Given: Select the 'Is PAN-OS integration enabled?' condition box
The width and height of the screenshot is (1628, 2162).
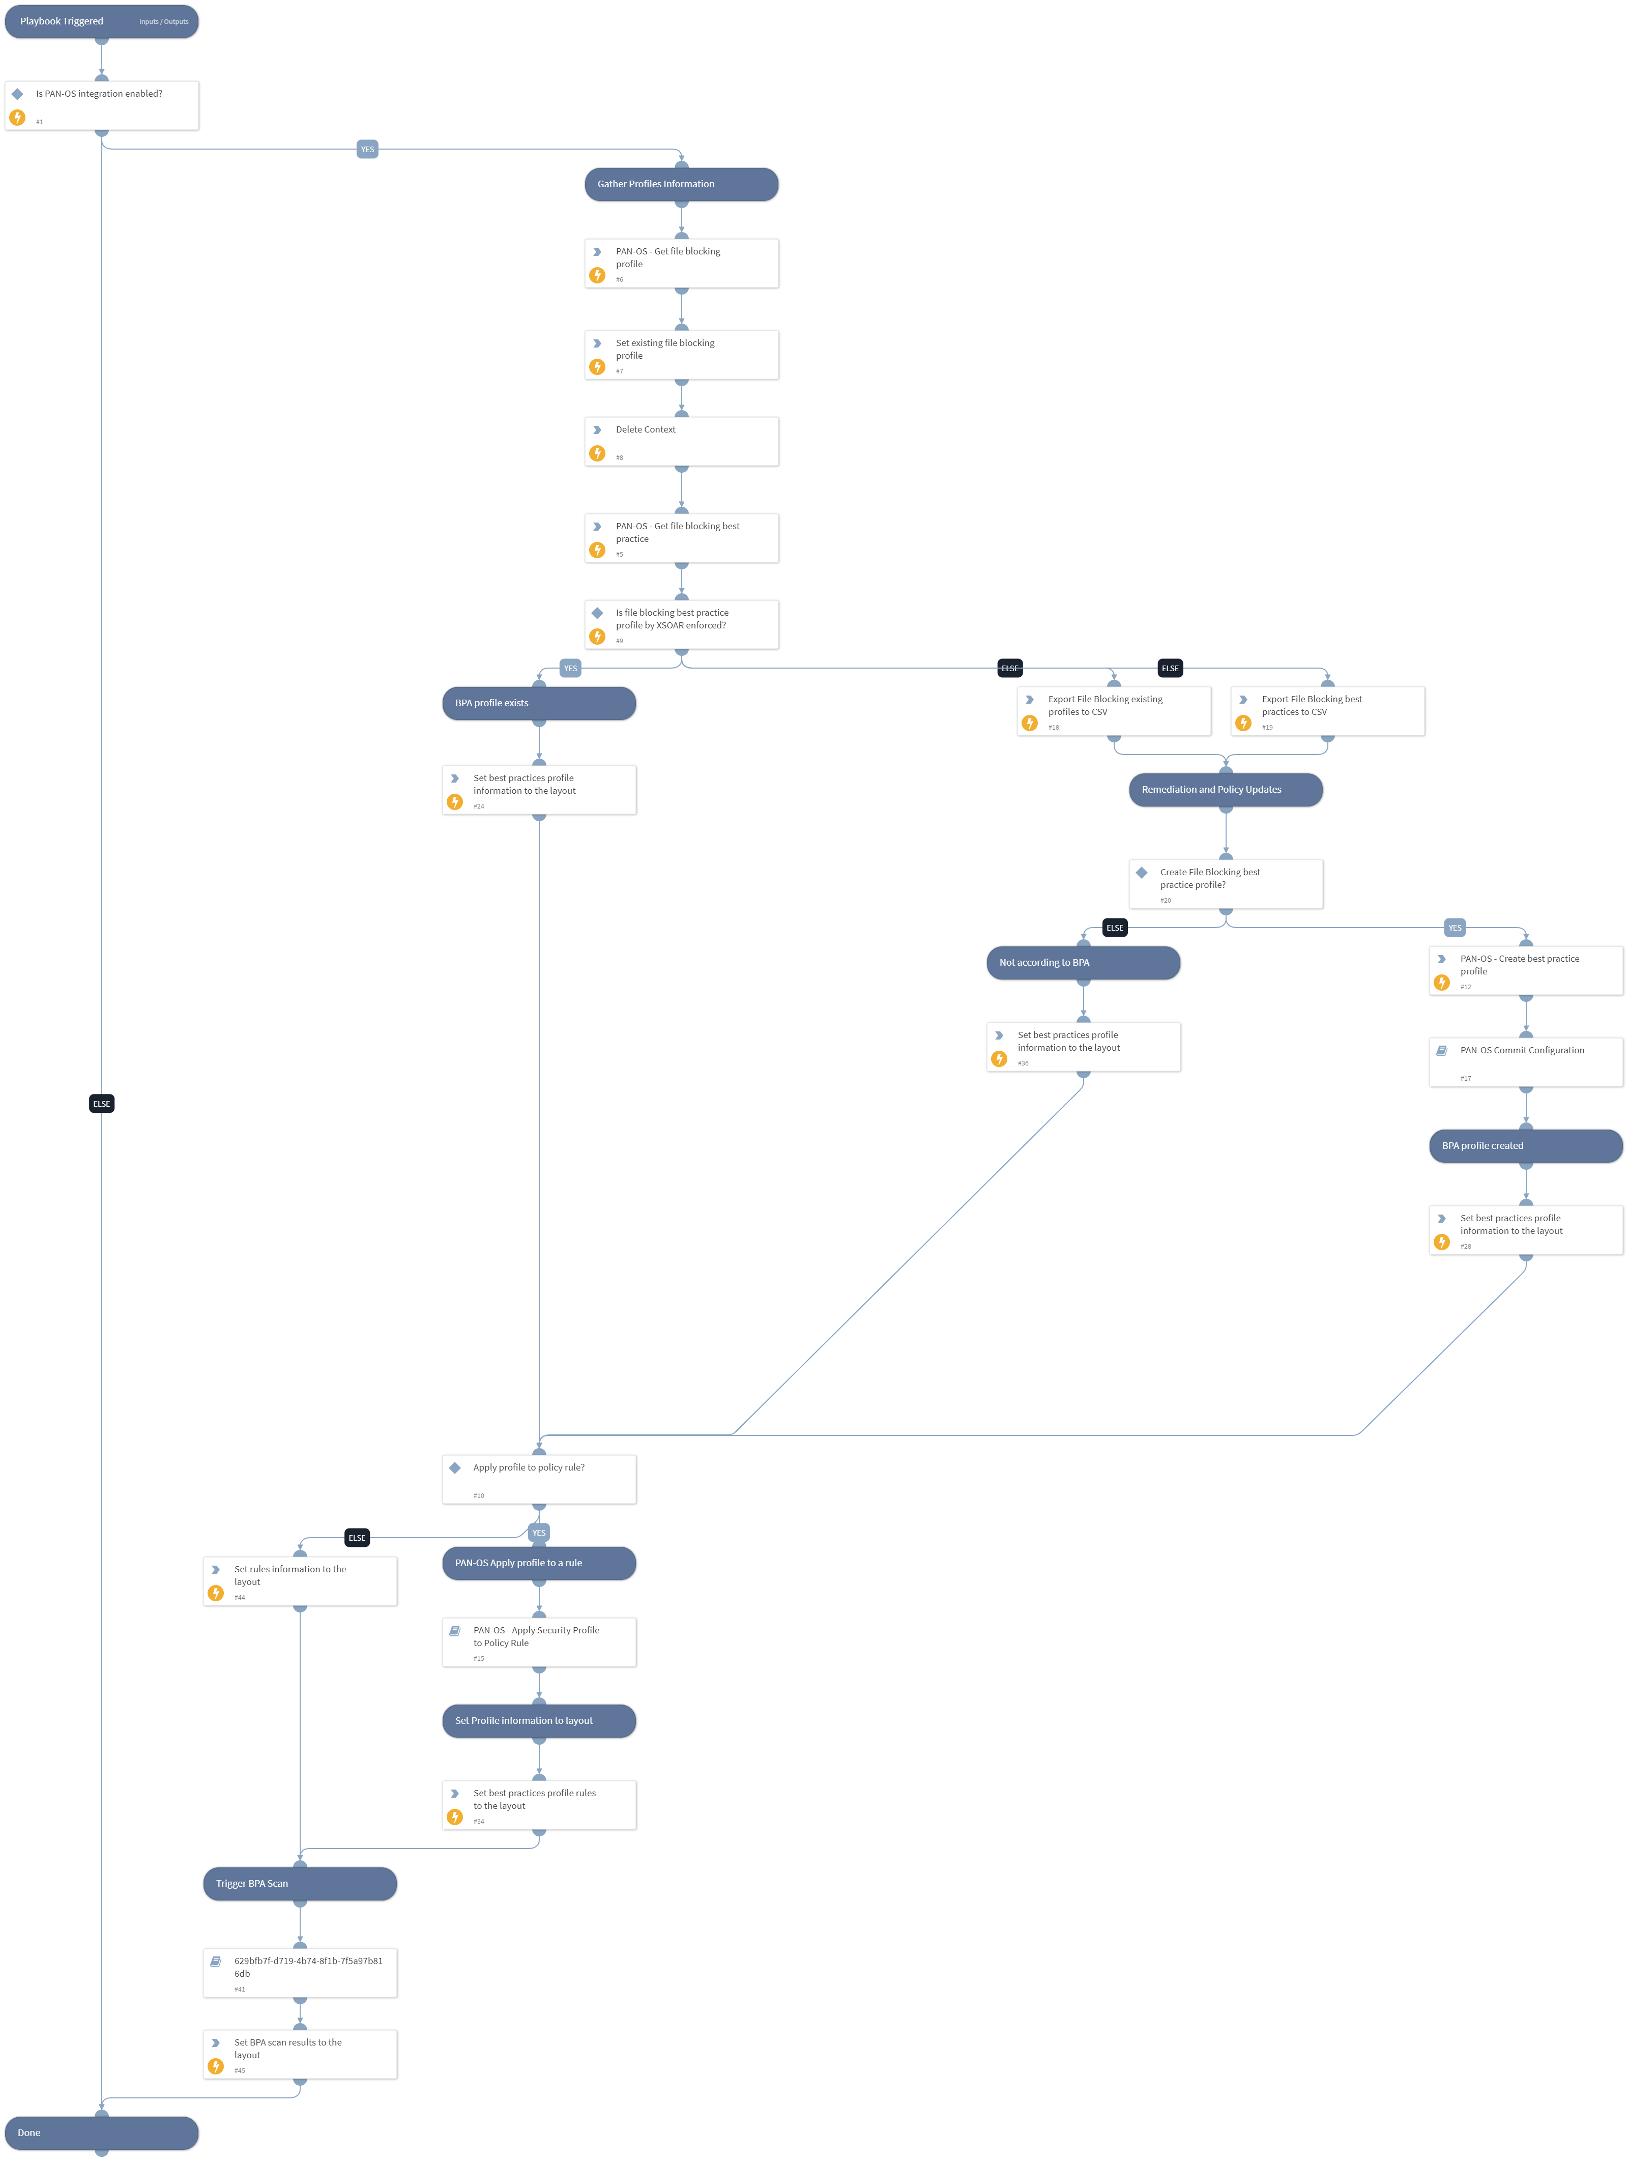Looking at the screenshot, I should tap(102, 105).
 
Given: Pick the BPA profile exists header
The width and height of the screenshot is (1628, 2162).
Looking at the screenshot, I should tap(538, 703).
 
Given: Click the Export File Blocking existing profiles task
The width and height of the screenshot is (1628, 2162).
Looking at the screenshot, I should tap(1113, 710).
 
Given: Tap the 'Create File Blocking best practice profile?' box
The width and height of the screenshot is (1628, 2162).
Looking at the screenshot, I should tap(1226, 883).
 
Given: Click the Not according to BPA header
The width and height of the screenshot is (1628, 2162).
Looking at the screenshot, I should tap(1083, 963).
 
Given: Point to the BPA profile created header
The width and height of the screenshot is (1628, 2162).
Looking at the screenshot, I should tap(1525, 1145).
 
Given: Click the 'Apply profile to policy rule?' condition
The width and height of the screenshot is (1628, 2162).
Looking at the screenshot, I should tap(538, 1479).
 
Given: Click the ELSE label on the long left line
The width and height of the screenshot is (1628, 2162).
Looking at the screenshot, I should tap(102, 1104).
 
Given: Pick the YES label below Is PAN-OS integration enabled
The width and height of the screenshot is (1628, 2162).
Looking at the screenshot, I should tap(367, 150).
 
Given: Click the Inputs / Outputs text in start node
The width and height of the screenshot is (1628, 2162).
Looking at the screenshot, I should tap(163, 21).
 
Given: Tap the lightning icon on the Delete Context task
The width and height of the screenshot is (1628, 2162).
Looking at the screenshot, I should tap(597, 453).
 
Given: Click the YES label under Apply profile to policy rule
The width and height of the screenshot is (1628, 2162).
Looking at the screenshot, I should tap(538, 1533).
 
